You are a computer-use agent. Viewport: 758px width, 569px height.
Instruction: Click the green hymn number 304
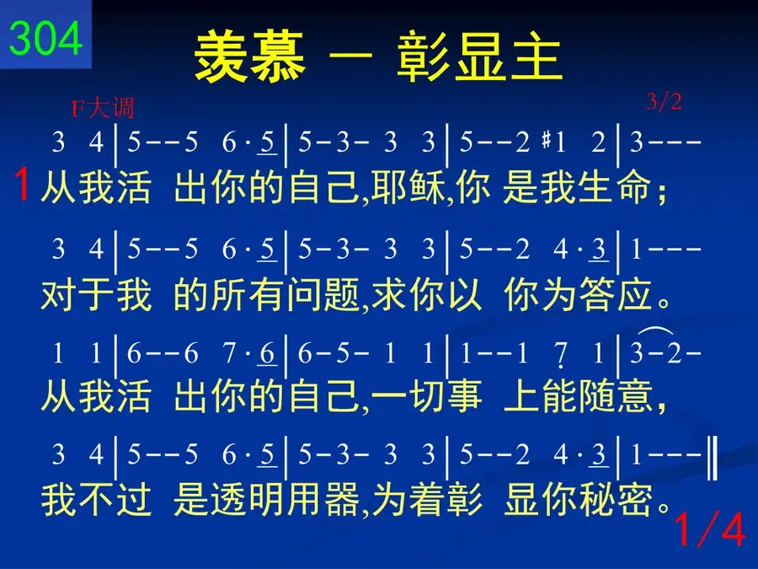coord(46,38)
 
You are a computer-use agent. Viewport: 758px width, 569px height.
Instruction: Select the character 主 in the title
coord(536,56)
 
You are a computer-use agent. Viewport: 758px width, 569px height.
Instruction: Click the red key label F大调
coord(102,108)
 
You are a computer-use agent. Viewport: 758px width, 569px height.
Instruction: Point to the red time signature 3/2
coord(665,102)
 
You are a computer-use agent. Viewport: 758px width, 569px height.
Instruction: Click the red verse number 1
coord(22,184)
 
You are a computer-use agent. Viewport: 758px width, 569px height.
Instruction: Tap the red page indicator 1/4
coord(709,529)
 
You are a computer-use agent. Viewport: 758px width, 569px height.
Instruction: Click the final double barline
coord(712,457)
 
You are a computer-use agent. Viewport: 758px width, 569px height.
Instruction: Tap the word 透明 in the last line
coord(248,499)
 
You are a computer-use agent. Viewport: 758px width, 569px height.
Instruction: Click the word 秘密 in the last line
coord(617,499)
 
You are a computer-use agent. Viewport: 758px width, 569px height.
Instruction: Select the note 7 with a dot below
coord(561,356)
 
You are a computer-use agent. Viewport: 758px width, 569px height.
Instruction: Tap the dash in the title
coord(351,56)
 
